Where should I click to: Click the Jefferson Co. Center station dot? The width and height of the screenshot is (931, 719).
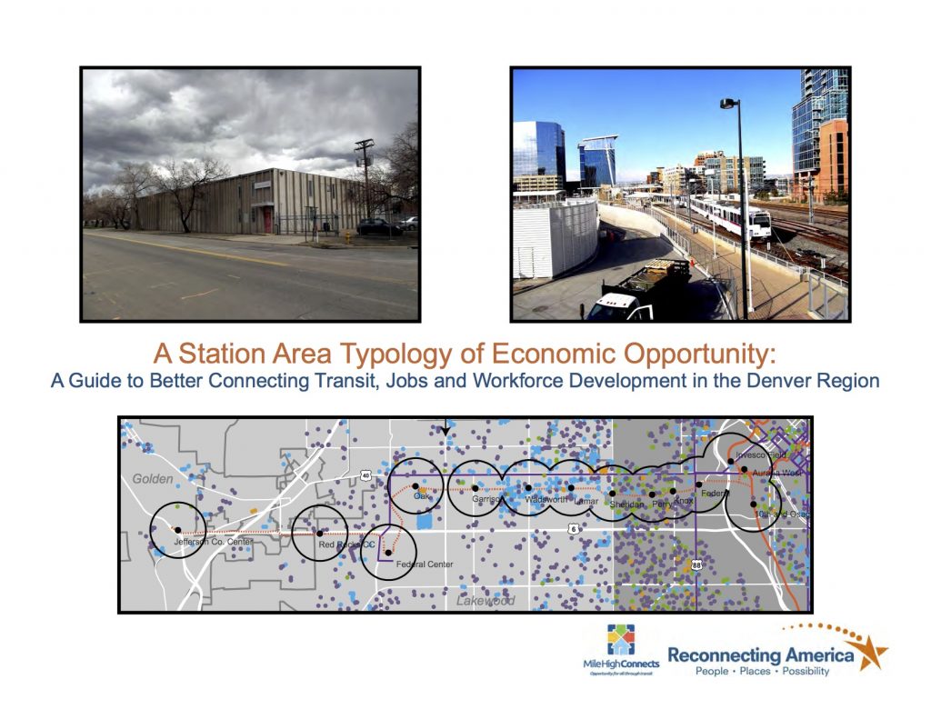point(177,530)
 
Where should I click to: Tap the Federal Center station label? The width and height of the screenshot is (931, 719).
point(424,564)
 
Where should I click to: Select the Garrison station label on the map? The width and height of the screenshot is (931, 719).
point(487,499)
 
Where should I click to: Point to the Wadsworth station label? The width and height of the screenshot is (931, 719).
point(546,499)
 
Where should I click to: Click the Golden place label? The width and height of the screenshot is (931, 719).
point(152,478)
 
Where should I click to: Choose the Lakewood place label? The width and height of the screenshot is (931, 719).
point(486,601)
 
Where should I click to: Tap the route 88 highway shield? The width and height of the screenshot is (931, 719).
point(696,564)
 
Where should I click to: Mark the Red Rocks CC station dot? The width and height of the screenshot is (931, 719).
point(320,534)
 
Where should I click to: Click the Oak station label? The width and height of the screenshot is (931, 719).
point(422,496)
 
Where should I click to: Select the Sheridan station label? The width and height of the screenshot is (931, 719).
point(627,504)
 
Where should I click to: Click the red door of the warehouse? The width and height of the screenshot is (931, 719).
point(267,218)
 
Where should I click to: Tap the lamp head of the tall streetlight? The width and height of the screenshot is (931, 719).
point(729,105)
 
